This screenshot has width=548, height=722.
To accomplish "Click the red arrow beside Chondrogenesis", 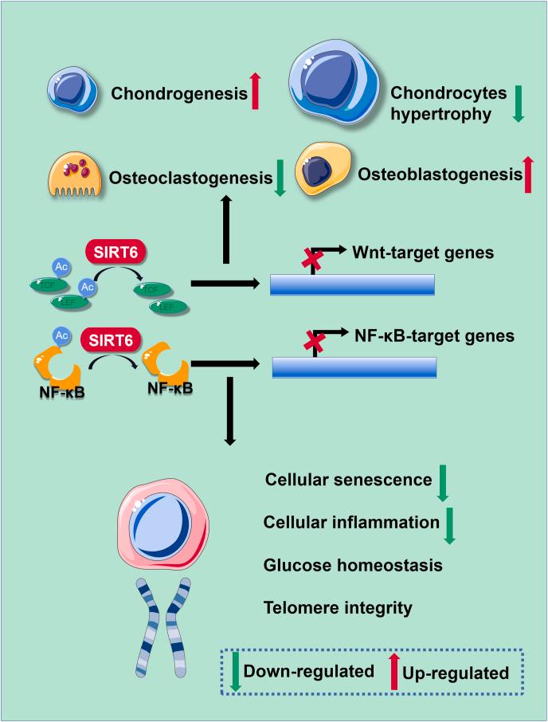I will click(x=256, y=90).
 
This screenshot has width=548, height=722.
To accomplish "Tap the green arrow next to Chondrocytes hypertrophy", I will click(x=518, y=104).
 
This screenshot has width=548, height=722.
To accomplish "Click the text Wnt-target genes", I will click(x=423, y=253).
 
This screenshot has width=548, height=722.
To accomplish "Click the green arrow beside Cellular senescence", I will click(x=443, y=483).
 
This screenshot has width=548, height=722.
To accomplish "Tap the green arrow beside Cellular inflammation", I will click(x=449, y=525).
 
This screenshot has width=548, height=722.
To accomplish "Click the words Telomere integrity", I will click(x=338, y=608).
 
